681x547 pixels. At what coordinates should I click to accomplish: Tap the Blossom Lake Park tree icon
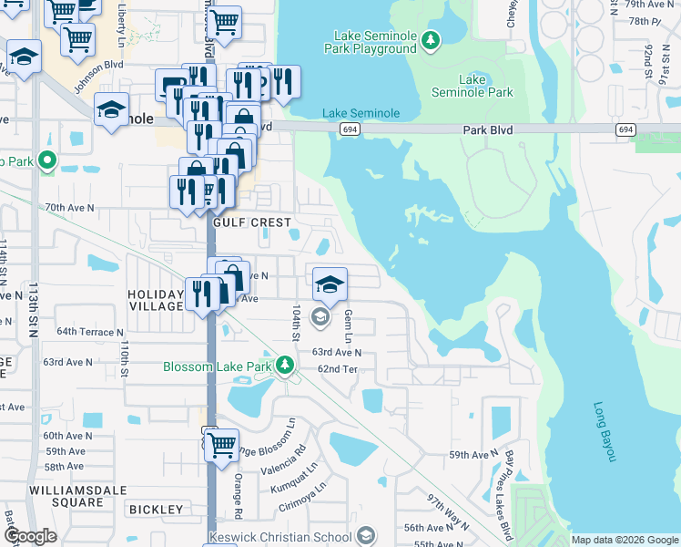285,366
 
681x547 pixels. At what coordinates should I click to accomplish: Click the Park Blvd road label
487,130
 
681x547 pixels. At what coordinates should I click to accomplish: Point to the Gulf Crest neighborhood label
252,222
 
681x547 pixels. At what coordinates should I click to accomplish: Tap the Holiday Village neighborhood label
156,301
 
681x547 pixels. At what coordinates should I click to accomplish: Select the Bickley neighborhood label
157,509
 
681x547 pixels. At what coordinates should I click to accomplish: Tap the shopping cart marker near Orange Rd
221,446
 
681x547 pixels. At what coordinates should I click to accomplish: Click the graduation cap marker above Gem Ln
330,284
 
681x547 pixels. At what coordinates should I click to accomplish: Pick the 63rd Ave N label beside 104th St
337,352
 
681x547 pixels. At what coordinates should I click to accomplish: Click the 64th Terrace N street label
89,332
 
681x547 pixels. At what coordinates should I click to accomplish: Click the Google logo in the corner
31,536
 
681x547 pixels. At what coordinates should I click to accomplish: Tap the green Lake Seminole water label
361,113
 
